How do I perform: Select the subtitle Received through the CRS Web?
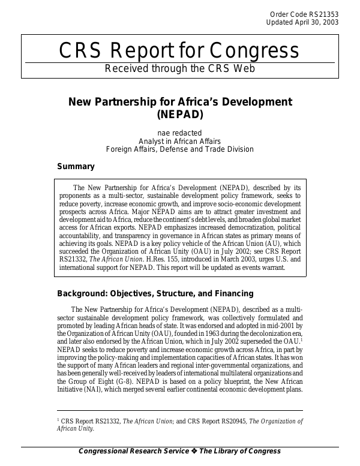179,68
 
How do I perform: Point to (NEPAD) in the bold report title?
180,113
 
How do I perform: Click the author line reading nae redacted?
180,133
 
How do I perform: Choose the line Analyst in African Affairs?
180,141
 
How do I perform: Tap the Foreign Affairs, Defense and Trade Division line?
180,149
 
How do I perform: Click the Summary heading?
76,167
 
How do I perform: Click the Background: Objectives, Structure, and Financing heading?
155,294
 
